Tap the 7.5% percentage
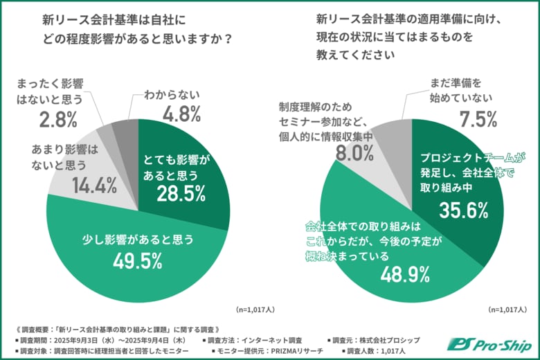coord(477,119)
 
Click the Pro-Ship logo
coord(492,343)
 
